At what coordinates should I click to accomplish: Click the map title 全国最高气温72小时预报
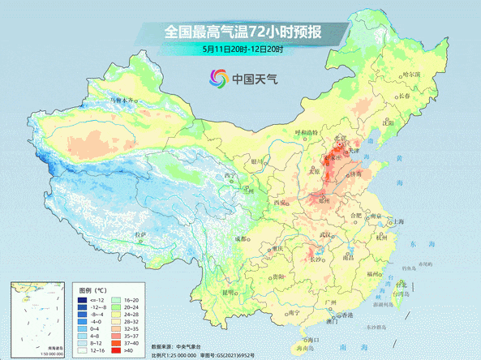[243, 32]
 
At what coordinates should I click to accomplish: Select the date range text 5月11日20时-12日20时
[243, 49]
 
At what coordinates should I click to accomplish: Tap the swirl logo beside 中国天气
[218, 79]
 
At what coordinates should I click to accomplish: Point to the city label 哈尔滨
[413, 74]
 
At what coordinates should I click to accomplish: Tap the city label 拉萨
[141, 235]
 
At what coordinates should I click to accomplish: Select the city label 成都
[242, 238]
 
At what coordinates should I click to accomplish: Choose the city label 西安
[281, 201]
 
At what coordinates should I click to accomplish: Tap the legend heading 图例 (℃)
[92, 289]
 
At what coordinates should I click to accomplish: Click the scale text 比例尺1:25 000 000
[174, 355]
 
